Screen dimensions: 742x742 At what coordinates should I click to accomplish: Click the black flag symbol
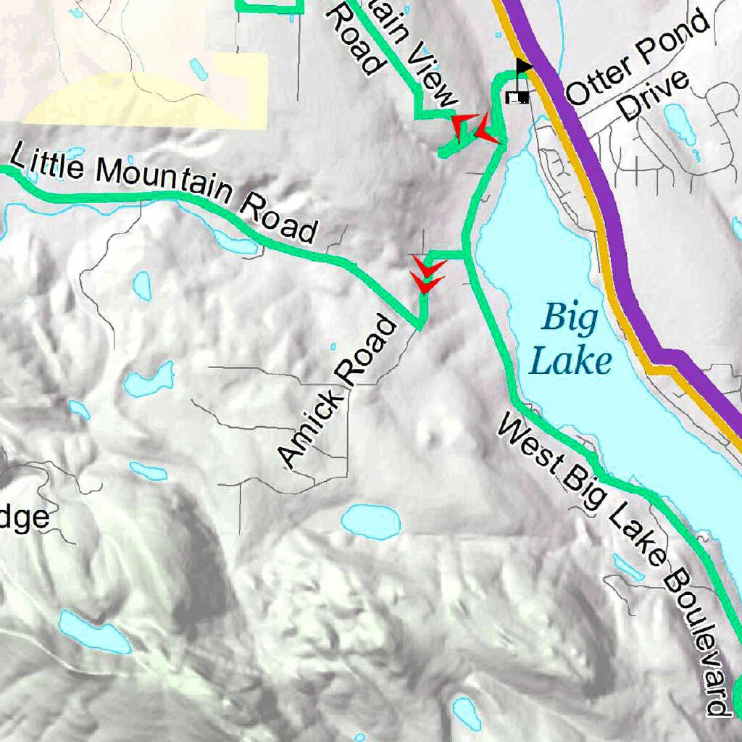[522, 67]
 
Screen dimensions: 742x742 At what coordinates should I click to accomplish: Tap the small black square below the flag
[517, 97]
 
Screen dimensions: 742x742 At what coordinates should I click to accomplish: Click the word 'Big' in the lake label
[570, 317]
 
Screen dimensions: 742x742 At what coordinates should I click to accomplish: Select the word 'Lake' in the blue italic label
[570, 360]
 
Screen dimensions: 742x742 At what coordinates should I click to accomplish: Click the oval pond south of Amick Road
[370, 521]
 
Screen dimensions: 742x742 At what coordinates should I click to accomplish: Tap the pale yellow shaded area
[145, 101]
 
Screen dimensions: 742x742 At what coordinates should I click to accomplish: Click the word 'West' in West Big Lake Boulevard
[526, 442]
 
